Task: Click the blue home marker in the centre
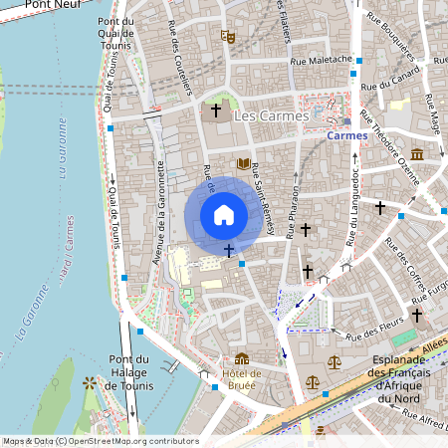223,214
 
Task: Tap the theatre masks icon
228,37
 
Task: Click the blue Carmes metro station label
346,134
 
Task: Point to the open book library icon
243,163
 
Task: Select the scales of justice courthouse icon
315,381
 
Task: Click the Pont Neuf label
52,5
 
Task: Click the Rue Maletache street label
321,61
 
